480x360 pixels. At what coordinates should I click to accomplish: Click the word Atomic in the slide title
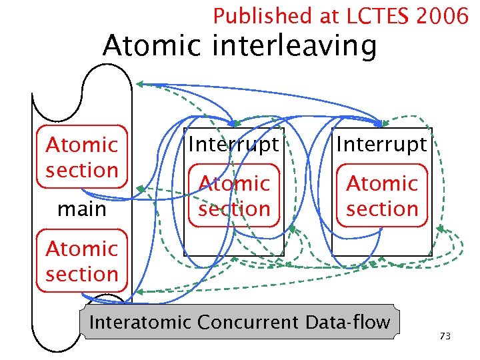154,46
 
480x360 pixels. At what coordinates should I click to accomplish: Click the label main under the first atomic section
82,209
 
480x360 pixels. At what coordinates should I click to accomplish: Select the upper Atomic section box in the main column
82,157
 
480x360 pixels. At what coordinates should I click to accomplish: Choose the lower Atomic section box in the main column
82,261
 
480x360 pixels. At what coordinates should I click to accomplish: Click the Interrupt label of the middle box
234,144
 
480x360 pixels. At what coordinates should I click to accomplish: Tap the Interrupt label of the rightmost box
382,144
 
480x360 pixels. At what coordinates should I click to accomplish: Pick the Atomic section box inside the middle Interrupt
234,196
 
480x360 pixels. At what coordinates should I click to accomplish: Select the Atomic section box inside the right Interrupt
382,196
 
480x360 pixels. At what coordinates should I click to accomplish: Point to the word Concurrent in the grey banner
251,323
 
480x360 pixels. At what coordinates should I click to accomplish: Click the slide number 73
445,337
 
